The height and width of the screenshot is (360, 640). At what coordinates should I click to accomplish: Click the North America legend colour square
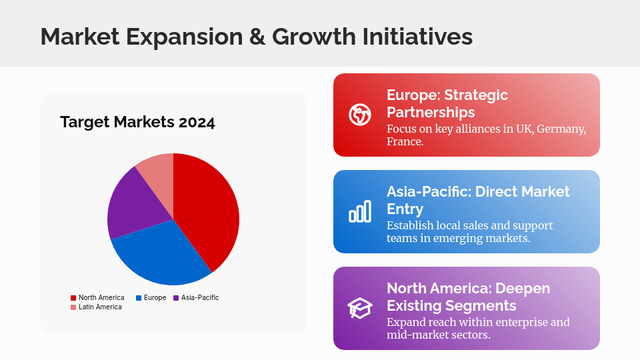(73, 298)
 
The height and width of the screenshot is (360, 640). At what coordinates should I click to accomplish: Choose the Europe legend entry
(151, 297)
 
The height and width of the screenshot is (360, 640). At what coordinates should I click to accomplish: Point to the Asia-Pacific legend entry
(196, 297)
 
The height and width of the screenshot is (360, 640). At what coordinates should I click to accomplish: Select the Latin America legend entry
(96, 307)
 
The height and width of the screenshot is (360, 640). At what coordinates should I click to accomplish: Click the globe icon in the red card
(360, 115)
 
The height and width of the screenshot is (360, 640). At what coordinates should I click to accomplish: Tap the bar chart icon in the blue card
(360, 211)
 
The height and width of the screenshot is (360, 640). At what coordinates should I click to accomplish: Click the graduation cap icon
(360, 308)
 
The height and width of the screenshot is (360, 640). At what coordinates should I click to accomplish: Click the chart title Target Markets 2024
(137, 122)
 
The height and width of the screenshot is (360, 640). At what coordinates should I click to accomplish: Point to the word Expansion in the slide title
(184, 37)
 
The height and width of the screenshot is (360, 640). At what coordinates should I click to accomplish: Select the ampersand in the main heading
(257, 37)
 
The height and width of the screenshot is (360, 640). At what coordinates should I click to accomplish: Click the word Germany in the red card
(561, 129)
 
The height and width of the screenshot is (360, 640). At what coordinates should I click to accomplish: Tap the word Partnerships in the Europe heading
(431, 112)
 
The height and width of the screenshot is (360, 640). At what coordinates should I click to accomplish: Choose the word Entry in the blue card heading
(405, 209)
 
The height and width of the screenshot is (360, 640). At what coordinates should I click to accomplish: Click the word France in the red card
(405, 141)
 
